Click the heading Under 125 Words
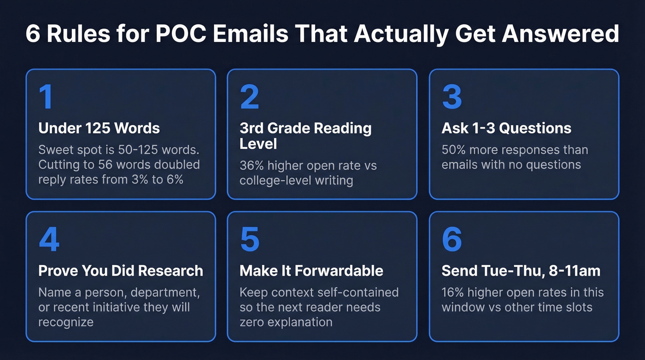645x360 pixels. click(x=99, y=128)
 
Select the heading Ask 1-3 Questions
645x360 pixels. click(x=506, y=128)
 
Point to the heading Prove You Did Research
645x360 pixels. click(x=121, y=271)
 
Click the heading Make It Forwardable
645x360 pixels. click(x=311, y=271)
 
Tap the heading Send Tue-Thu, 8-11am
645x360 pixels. click(x=521, y=271)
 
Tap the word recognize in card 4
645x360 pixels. click(x=65, y=322)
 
